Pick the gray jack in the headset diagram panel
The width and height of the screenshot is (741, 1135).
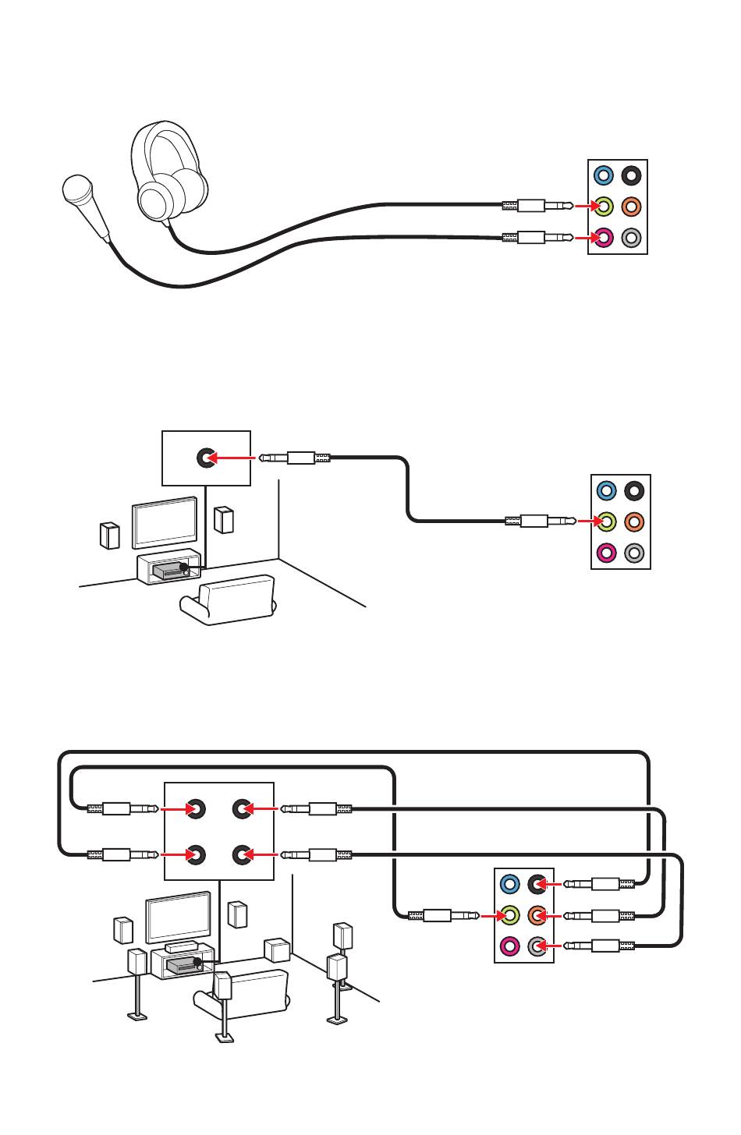click(633, 237)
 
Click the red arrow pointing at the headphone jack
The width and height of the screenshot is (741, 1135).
click(584, 207)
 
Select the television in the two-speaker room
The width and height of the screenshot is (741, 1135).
click(164, 522)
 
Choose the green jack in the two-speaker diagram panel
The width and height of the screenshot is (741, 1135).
click(607, 521)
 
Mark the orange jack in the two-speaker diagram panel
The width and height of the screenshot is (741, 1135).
click(635, 521)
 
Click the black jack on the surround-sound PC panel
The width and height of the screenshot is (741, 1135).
click(537, 884)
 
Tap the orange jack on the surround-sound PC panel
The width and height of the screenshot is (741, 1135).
click(537, 914)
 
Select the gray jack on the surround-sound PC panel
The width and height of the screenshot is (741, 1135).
click(537, 946)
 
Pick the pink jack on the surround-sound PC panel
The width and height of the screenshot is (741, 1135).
click(509, 946)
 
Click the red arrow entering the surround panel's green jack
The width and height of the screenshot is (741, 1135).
click(489, 914)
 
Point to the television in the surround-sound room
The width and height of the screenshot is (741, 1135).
click(178, 918)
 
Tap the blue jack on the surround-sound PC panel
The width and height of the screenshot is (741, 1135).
click(509, 884)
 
